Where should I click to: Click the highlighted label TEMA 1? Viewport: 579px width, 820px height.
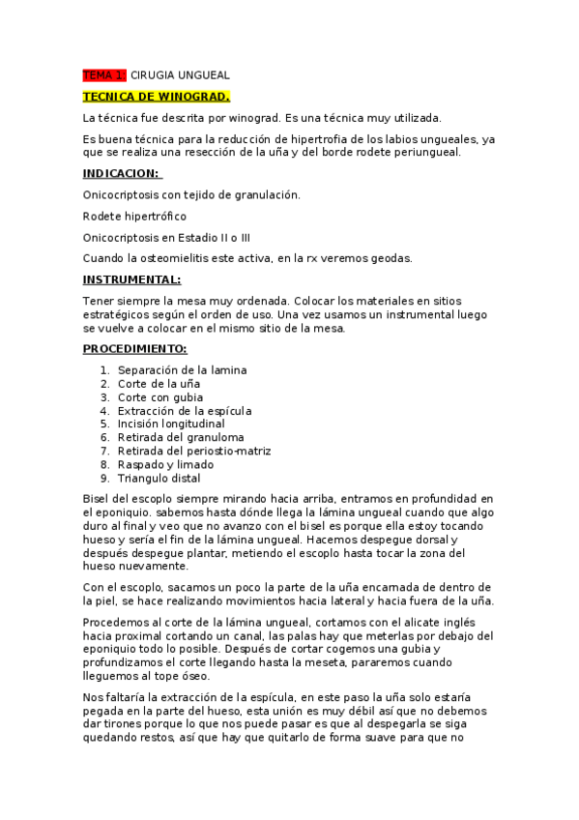pos(104,75)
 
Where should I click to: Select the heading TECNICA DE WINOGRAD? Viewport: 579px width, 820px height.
pos(157,97)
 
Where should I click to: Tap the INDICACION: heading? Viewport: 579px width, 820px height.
pos(122,173)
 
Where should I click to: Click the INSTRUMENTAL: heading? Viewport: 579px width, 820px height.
pos(131,279)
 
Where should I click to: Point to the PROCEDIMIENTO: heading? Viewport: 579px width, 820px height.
pos(134,348)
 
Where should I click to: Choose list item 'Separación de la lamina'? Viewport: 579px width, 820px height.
pos(182,369)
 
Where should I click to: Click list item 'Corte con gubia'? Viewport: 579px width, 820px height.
pos(161,396)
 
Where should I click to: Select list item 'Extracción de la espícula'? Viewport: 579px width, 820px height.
pos(185,410)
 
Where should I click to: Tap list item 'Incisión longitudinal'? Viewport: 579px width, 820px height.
pos(171,424)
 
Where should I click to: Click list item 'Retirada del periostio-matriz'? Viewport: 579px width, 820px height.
pos(194,451)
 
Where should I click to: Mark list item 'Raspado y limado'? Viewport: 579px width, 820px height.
pos(165,464)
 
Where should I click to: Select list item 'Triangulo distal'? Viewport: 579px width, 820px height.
pos(159,478)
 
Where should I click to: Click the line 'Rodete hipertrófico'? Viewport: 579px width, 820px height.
pos(134,216)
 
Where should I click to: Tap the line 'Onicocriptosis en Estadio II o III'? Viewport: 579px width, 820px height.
pos(166,237)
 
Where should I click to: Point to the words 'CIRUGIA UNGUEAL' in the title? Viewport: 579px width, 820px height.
pos(180,75)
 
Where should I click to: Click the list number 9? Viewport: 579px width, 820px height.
pos(103,478)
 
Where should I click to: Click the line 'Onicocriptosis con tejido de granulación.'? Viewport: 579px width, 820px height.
pos(191,194)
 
